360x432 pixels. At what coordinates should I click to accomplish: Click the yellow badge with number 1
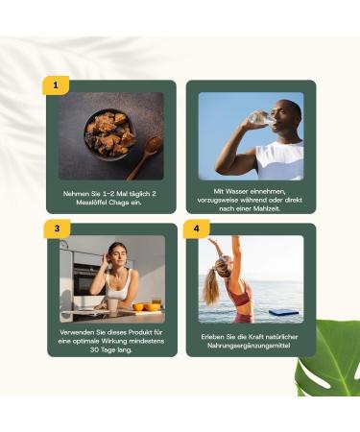point(56,85)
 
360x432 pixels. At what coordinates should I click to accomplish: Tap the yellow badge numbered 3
point(56,228)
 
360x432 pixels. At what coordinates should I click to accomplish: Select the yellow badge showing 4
point(196,228)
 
